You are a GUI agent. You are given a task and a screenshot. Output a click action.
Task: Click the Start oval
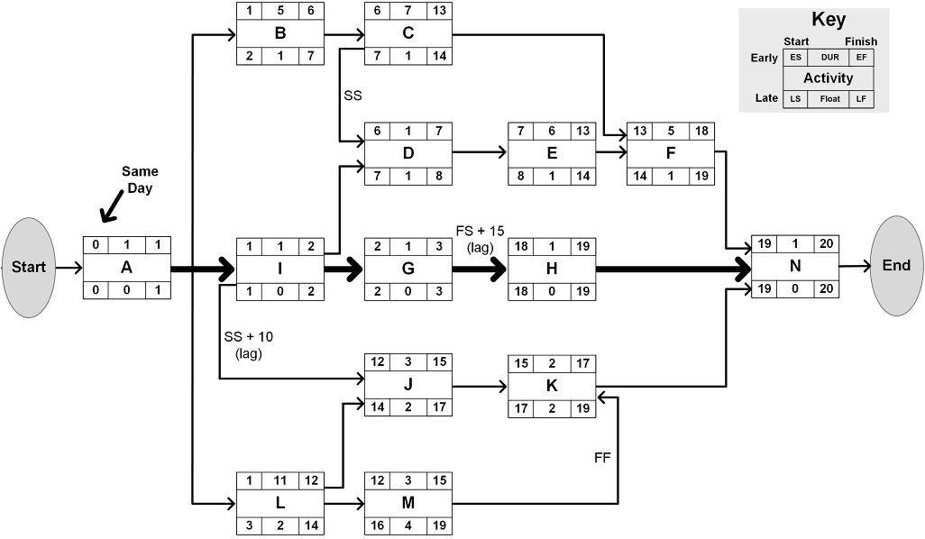coord(28,268)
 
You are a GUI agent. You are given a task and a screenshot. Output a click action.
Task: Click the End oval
coord(896,266)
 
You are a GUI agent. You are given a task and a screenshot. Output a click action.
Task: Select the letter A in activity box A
coord(126,268)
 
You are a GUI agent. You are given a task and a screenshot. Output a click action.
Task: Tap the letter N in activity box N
coord(794,267)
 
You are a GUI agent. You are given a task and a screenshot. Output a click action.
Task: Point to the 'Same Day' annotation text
coord(140,178)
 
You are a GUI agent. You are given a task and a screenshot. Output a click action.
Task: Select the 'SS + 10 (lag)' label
coord(248,344)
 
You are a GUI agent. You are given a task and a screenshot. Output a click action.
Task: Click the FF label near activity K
coord(602,458)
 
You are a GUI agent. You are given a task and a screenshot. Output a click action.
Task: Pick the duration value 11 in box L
coord(279,480)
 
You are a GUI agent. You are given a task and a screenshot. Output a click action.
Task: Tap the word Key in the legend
coord(829,21)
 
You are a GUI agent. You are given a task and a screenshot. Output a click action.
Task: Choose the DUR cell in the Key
coord(829,58)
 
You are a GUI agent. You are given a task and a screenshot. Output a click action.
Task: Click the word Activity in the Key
coord(829,78)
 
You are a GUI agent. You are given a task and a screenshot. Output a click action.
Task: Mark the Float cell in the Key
coord(829,98)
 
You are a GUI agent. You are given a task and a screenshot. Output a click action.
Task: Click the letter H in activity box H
coord(552,268)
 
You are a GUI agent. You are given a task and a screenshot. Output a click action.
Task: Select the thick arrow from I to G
coord(343,268)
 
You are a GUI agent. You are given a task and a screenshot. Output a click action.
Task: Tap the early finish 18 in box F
coord(701,131)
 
